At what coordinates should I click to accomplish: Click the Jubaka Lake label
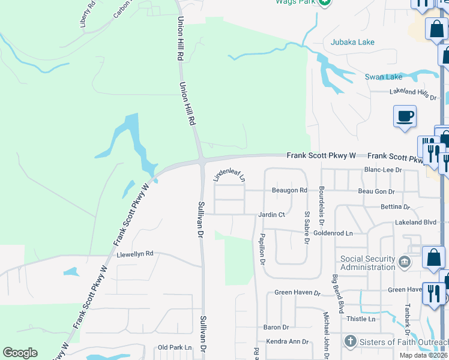pos(352,42)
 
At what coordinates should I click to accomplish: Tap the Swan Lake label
pos(384,77)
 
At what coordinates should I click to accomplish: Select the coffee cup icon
pos(405,116)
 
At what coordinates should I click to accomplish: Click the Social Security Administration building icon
pos(404,262)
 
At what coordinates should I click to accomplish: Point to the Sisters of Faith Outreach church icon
pos(351,341)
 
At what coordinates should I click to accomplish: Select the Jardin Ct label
pos(271,214)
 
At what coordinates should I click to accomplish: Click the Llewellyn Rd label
pos(136,254)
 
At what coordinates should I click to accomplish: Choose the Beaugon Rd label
pos(289,190)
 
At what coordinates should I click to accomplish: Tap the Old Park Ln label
pos(174,347)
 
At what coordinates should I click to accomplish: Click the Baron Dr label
pos(276,328)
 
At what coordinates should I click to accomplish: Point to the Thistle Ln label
pos(361,319)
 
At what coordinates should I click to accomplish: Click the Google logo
pos(20,353)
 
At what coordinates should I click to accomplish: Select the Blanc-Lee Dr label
pos(382,170)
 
